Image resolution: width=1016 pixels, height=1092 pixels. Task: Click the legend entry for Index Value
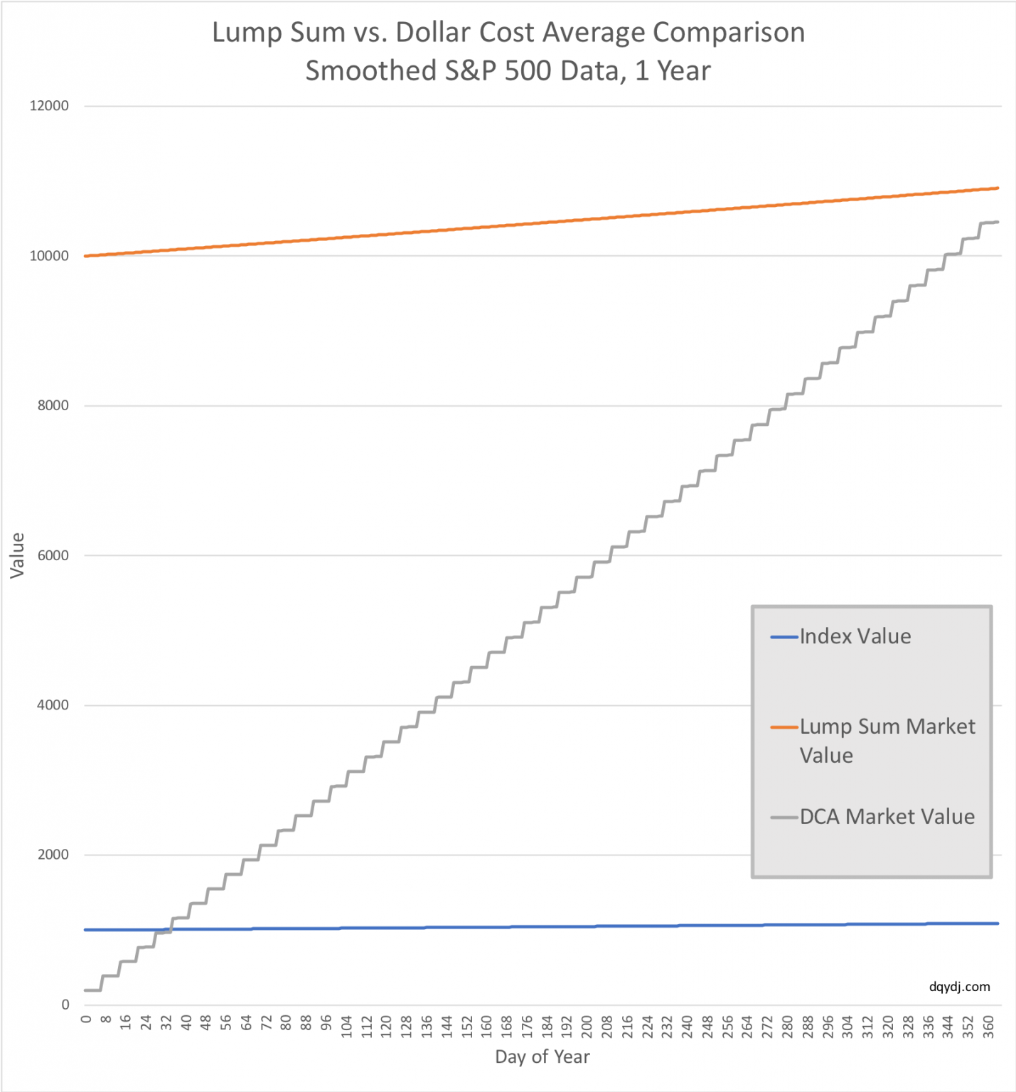855,636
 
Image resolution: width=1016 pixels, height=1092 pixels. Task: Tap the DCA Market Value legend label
887,817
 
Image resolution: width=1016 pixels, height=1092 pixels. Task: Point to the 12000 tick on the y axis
49,106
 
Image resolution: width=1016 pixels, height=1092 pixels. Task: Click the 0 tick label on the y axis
65,1005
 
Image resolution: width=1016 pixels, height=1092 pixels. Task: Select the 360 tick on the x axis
988,1027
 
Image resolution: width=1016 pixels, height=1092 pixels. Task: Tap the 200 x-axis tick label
587,1027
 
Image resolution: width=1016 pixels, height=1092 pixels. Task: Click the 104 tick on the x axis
347,1027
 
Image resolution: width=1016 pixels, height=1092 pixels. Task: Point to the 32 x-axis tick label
166,1024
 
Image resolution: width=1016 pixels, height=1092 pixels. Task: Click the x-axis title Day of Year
542,1057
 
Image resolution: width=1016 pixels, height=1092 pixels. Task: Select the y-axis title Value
18,555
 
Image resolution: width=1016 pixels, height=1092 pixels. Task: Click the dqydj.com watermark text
959,987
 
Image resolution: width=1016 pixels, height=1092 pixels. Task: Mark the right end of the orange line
998,188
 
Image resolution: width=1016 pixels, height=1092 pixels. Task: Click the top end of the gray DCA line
998,222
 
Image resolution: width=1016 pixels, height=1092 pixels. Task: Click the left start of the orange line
85,256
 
